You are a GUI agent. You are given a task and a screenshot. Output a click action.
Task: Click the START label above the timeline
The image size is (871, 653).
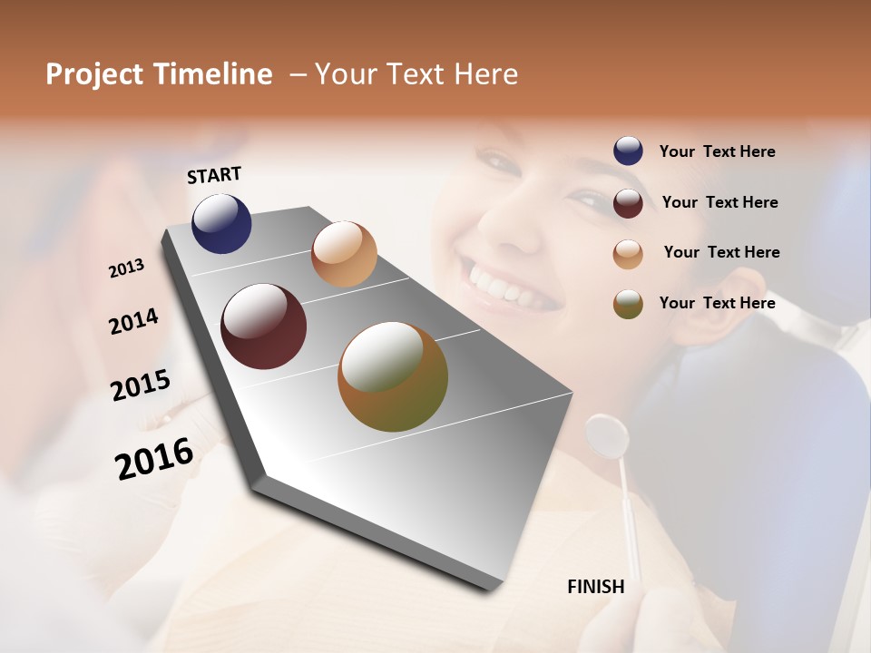point(214,175)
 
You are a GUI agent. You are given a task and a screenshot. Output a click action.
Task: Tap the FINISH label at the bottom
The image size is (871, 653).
point(595,587)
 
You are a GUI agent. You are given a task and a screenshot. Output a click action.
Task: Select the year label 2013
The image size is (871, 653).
point(126,268)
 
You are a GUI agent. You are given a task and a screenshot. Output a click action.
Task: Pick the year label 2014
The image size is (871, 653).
point(133,322)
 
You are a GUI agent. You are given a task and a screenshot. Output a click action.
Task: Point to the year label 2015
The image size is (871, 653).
point(141,385)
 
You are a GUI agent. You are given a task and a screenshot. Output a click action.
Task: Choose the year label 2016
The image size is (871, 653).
point(154,459)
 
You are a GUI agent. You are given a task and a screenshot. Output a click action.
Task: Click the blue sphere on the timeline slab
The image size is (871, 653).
point(221,224)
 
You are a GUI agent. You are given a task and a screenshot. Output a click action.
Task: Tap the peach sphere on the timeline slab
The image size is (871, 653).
point(344,254)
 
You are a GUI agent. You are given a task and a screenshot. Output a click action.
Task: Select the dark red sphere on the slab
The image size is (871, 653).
point(263,326)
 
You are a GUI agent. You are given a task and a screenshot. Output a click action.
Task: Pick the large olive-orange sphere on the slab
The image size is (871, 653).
point(393,376)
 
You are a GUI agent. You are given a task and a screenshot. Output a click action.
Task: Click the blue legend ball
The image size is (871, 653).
point(628,151)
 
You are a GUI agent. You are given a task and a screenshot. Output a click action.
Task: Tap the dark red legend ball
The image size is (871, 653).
point(628,203)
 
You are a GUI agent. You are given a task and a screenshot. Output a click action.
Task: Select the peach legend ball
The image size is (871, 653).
point(628,254)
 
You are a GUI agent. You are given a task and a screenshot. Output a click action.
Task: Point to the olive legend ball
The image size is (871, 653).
point(628,304)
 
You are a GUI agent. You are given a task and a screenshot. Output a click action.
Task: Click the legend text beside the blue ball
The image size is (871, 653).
point(717,152)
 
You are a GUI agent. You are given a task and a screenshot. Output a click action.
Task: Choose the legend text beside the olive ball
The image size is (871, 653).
point(717,303)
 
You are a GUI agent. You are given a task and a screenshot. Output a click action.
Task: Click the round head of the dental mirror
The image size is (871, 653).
point(607,435)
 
